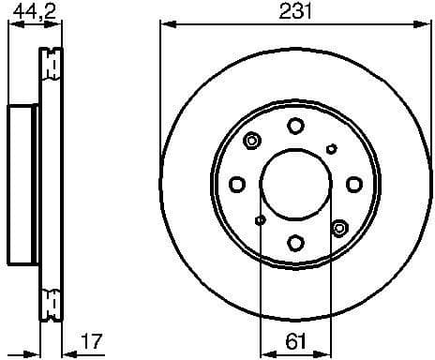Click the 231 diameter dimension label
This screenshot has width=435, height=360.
295,12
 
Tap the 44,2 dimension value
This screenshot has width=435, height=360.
27,11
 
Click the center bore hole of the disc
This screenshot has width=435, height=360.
295,184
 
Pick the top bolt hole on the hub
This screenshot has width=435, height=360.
295,125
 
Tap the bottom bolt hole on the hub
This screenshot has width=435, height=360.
295,244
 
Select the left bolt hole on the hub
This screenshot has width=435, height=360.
237,184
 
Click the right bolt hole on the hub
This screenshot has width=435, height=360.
354,184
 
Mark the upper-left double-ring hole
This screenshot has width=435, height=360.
251,142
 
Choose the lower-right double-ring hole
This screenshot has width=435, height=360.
339,226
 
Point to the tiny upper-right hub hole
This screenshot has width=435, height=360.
331,148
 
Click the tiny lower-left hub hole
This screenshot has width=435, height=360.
260,219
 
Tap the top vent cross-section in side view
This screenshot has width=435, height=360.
53,65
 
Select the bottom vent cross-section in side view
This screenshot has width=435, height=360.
53,300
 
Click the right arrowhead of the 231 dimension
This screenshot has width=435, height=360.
426,27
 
